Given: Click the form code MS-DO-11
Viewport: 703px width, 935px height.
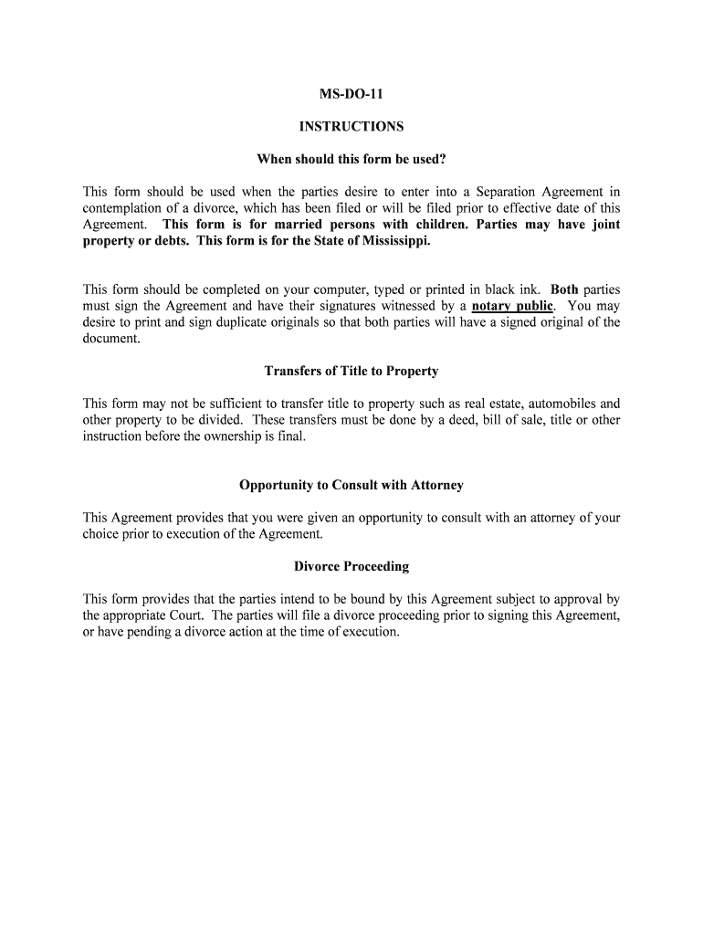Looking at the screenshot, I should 351,93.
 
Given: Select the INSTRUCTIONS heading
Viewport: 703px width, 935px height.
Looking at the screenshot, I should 351,126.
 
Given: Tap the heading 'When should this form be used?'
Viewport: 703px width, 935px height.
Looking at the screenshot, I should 351,159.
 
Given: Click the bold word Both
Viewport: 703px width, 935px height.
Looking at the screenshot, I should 564,289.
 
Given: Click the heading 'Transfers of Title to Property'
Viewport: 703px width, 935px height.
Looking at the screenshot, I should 351,371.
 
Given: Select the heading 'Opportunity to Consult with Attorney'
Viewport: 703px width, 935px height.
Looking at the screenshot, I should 351,485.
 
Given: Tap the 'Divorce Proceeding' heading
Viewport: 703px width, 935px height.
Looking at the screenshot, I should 351,566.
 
